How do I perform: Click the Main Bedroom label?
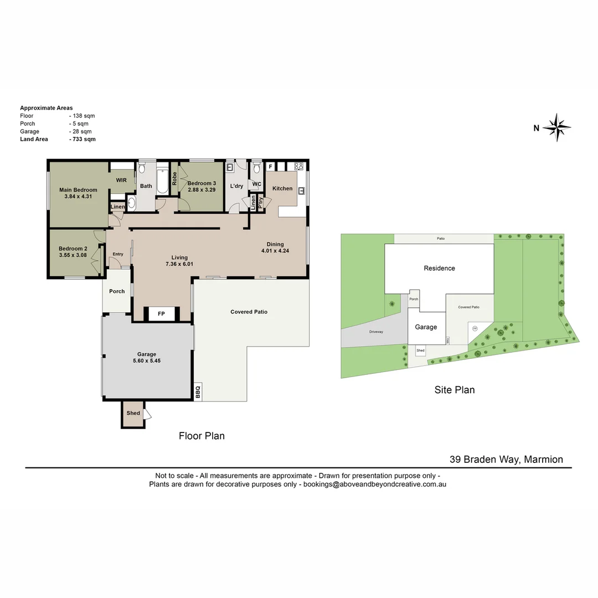[78, 190]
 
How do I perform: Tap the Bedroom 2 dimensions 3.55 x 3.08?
[73, 255]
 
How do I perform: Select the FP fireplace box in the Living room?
[162, 314]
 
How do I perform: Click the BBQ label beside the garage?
[198, 391]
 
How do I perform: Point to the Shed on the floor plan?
[133, 413]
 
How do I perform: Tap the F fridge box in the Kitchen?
[271, 166]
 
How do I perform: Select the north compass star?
[556, 128]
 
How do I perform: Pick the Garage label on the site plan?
[426, 327]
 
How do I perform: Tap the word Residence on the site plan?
[439, 268]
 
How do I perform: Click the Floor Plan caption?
[202, 436]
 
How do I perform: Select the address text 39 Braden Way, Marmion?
[506, 459]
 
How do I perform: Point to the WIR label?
[121, 180]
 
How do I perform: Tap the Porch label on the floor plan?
[117, 291]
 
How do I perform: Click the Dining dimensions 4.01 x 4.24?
[275, 251]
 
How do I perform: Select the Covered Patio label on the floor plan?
[249, 312]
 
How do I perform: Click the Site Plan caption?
[454, 390]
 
